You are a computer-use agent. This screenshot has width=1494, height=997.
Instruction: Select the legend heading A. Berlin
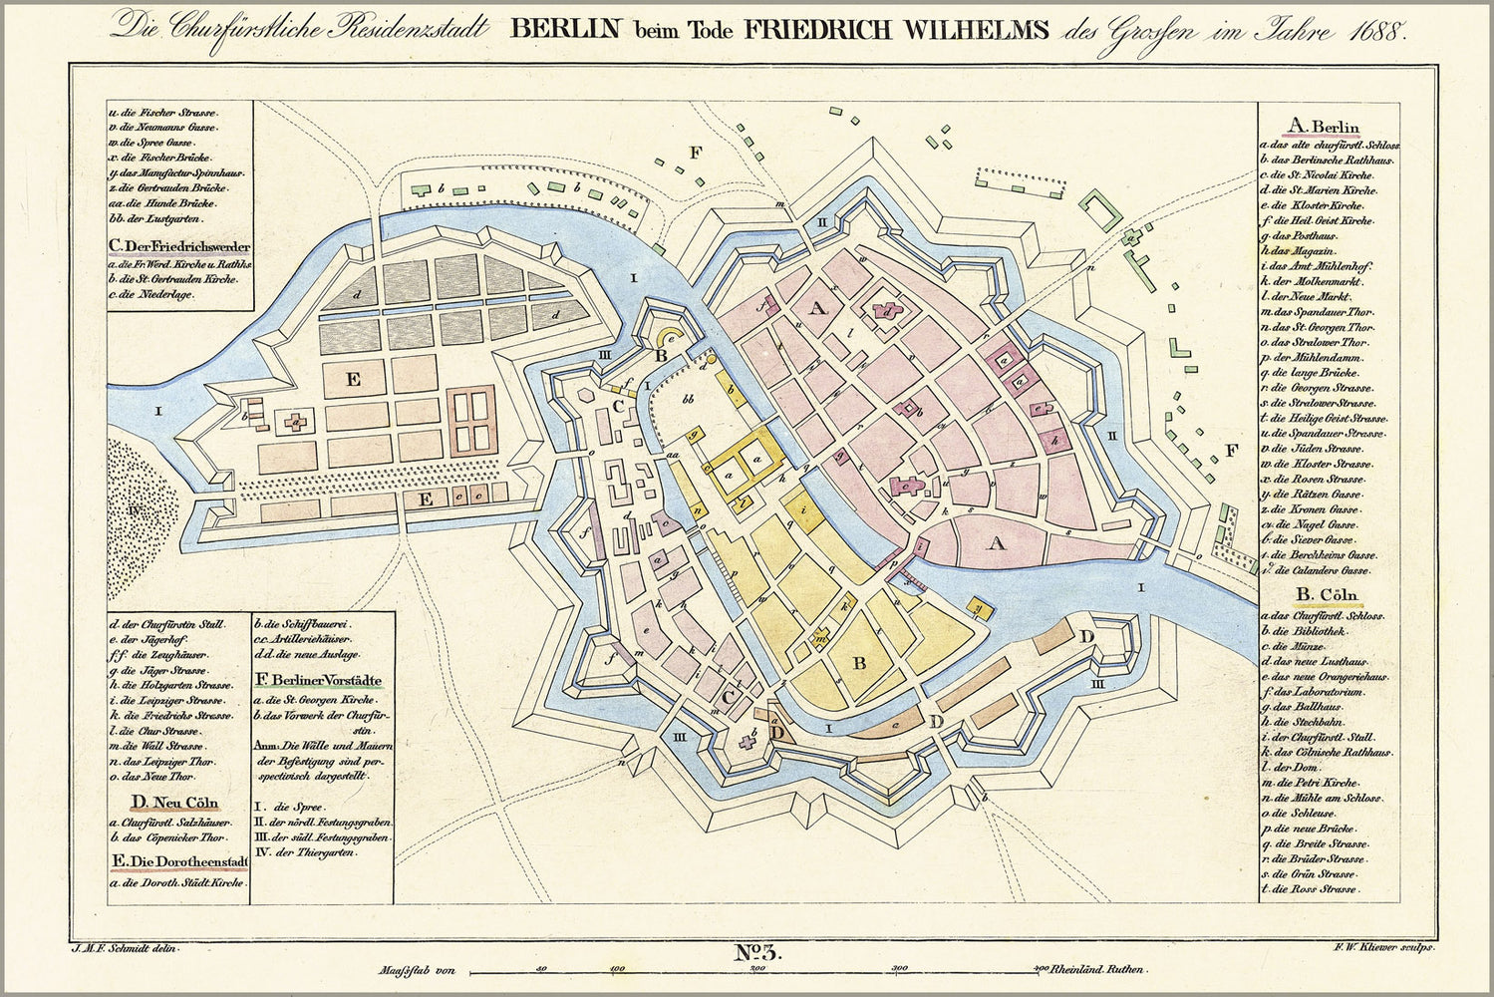1324,127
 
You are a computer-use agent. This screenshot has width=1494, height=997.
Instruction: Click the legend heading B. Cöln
1321,597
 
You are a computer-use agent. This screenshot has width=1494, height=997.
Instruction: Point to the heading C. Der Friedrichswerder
179,246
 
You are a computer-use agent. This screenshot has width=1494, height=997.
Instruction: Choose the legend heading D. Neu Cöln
174,803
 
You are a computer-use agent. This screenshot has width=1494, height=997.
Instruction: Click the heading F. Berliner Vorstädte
319,681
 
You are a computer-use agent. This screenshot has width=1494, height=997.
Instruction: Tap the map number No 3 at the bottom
759,952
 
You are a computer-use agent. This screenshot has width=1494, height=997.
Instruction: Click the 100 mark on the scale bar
617,968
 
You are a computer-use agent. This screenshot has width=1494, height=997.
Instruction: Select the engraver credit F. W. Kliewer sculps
1381,947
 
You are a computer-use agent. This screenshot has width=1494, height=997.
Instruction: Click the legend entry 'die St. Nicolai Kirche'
1321,174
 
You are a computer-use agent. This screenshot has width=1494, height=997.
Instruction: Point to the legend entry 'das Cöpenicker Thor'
171,837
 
